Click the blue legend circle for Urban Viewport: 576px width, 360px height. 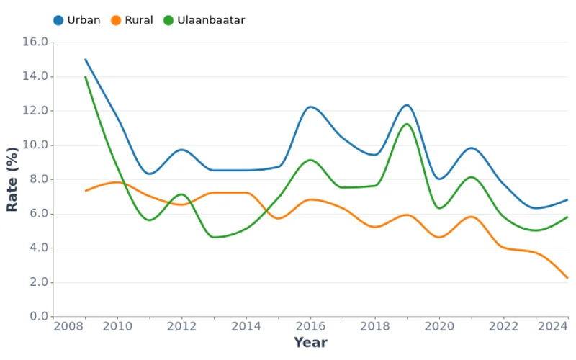tap(59, 20)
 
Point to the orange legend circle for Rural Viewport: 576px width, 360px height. tap(115, 20)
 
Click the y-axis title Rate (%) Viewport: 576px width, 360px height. tap(12, 179)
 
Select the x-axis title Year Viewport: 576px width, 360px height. tap(310, 343)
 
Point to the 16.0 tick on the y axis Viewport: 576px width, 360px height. tap(36, 42)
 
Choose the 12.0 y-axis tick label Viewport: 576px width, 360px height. tap(36, 111)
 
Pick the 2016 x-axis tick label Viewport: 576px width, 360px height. tap(310, 326)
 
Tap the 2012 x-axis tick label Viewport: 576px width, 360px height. tap(182, 326)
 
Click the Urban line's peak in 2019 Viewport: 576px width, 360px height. tap(407, 105)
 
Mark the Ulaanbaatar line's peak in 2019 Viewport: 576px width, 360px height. tap(407, 124)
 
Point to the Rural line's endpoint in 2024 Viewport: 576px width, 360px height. tap(567, 278)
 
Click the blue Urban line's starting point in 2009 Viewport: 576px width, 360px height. tap(86, 60)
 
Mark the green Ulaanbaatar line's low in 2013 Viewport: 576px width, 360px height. tap(214, 237)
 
